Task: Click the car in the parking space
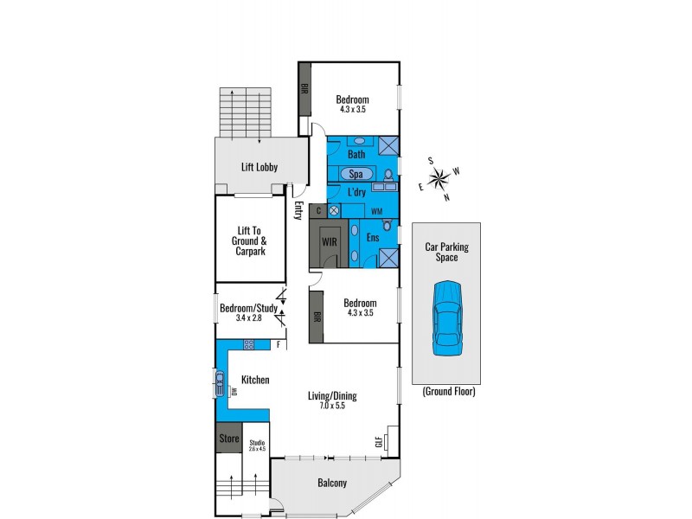(447, 317)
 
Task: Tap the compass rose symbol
(439, 180)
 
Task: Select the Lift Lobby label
(259, 167)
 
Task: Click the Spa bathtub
(356, 173)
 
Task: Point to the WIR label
(330, 242)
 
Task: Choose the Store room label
(228, 439)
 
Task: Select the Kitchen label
(255, 380)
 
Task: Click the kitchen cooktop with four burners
(249, 345)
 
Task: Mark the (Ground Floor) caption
(448, 392)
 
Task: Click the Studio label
(257, 445)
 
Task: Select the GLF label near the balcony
(378, 443)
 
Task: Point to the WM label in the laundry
(376, 211)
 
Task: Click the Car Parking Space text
(447, 252)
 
